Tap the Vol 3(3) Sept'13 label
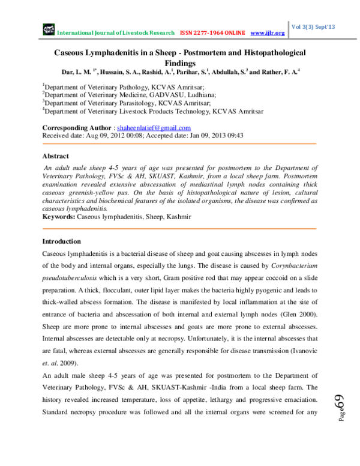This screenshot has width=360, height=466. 313,27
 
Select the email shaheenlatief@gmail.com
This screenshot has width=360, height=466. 154,128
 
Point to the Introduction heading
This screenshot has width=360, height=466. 61,241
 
